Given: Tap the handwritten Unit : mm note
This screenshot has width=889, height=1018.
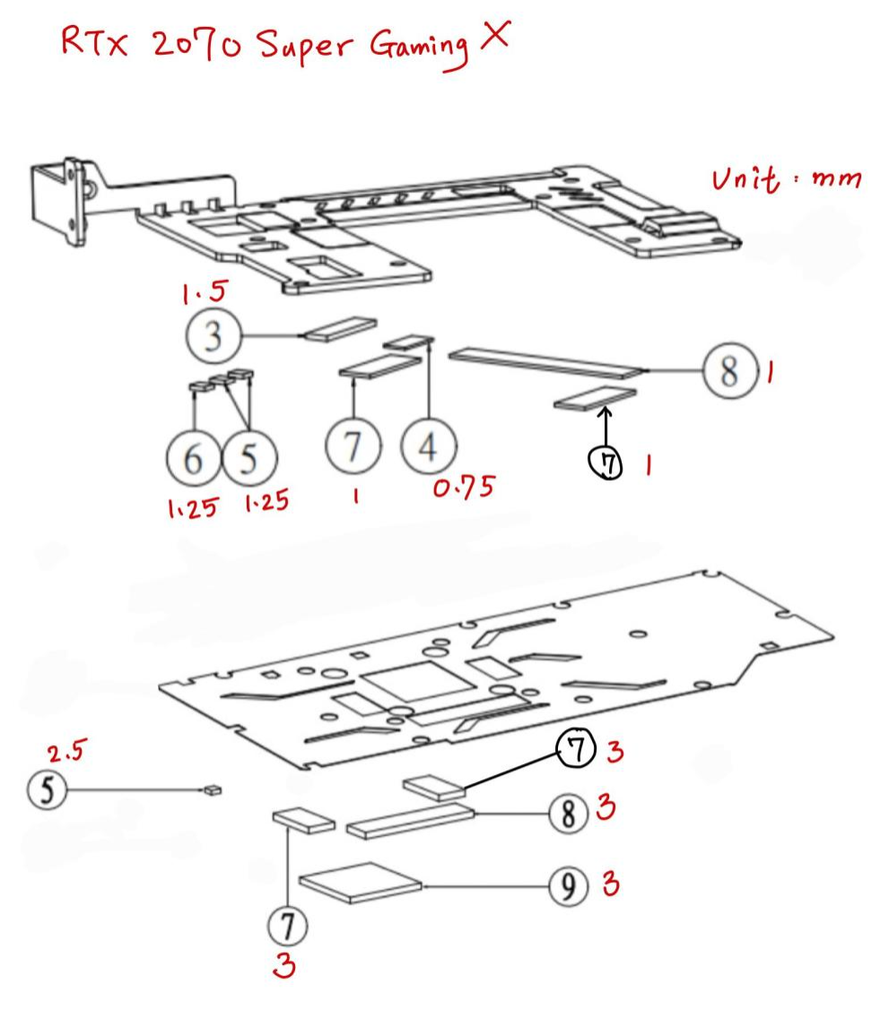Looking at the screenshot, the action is pos(787,179).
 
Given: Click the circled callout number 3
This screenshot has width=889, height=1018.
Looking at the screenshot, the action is pos(214,336).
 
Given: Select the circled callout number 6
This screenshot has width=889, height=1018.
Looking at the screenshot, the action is pos(194,458).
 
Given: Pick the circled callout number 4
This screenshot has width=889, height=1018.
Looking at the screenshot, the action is pos(429,446).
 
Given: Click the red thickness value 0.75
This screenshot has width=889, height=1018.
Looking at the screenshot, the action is pos(464,487).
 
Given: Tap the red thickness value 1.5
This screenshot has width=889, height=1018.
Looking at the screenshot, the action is pos(205,292).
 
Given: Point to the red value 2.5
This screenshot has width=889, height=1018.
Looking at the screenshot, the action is pos(66,751).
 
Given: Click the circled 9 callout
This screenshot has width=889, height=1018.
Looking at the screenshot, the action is pos(569,886).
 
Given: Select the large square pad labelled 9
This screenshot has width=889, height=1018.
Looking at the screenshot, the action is pos(360,883).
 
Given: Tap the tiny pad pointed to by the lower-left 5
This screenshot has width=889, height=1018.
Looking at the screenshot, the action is pos(213,790).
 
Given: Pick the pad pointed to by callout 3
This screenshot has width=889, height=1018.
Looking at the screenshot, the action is pos(341,328).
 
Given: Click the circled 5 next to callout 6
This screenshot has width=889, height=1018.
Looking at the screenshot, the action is pos(249,458).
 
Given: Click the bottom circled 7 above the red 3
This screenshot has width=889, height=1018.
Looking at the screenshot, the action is pos(288,926).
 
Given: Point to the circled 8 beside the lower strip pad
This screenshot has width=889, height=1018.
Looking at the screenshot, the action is pos(569,814).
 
